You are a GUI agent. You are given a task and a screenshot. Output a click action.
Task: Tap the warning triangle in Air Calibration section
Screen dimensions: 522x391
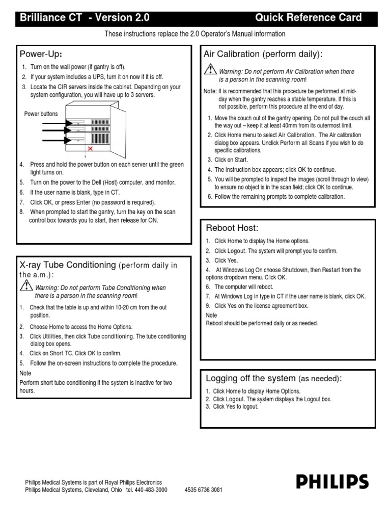pos(210,71)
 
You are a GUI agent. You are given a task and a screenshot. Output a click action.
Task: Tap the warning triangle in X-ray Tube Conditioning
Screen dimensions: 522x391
pos(26,286)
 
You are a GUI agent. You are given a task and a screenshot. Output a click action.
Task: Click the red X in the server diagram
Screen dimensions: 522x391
pos(90,149)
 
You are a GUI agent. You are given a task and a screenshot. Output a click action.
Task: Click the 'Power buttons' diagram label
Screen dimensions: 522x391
pos(41,114)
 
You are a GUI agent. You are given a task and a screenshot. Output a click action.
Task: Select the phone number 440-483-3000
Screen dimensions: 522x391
pos(150,490)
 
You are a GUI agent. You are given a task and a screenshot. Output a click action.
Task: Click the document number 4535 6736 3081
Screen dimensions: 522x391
pos(204,490)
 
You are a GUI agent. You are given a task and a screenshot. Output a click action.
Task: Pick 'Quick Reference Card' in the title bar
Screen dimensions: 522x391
pos(308,18)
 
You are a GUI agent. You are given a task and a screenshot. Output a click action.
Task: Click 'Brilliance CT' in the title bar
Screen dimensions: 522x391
pos(49,18)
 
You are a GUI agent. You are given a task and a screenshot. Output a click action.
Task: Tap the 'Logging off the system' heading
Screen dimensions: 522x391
pos(250,378)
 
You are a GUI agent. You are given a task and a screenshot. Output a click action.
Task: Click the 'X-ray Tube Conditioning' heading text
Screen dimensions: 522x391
pos(68,265)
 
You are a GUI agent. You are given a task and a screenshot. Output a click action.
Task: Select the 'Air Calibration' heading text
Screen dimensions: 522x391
pos(232,54)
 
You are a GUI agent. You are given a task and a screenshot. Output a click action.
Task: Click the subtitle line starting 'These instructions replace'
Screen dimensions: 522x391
pos(195,34)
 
